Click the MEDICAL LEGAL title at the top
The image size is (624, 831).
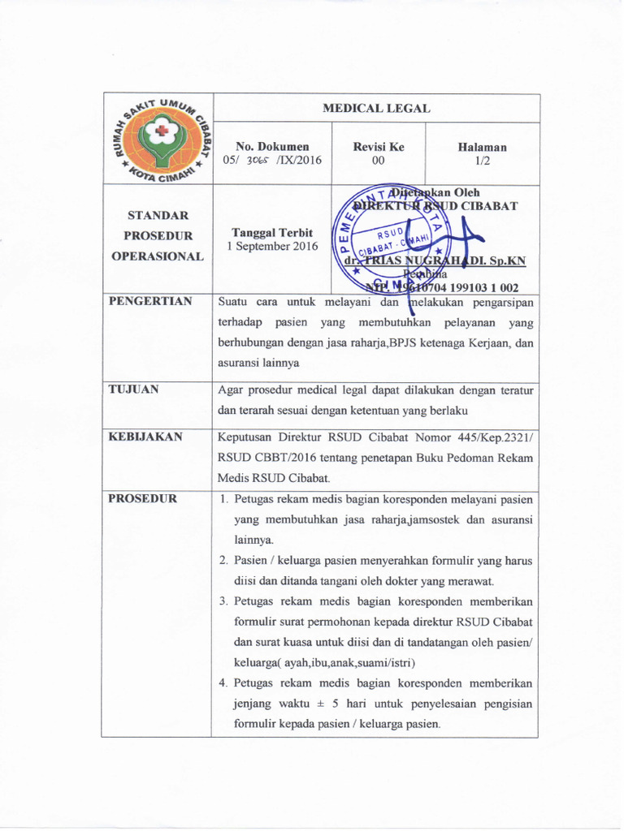click(x=376, y=107)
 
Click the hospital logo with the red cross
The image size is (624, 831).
click(x=157, y=140)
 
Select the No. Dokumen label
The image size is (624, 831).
click(x=272, y=147)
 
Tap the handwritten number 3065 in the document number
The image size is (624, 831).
click(x=258, y=161)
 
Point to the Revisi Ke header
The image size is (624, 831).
click(x=378, y=147)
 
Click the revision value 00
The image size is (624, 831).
click(x=377, y=161)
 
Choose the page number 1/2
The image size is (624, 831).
click(x=482, y=161)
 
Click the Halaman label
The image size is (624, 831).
click(x=482, y=147)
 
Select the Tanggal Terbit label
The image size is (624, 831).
click(x=272, y=231)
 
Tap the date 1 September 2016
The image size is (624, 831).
click(x=272, y=245)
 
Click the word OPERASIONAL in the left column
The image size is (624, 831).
click(x=157, y=256)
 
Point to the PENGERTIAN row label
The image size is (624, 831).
click(x=150, y=301)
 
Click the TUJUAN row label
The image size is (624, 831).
click(x=134, y=389)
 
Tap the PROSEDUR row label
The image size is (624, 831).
click(x=143, y=498)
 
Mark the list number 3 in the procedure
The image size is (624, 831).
click(x=224, y=602)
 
